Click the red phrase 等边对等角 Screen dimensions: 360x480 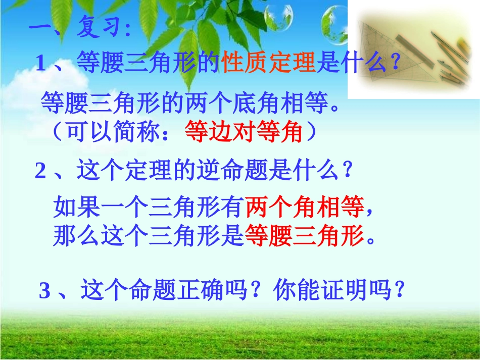tap(244, 132)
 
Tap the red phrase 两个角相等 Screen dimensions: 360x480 tap(304, 205)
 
